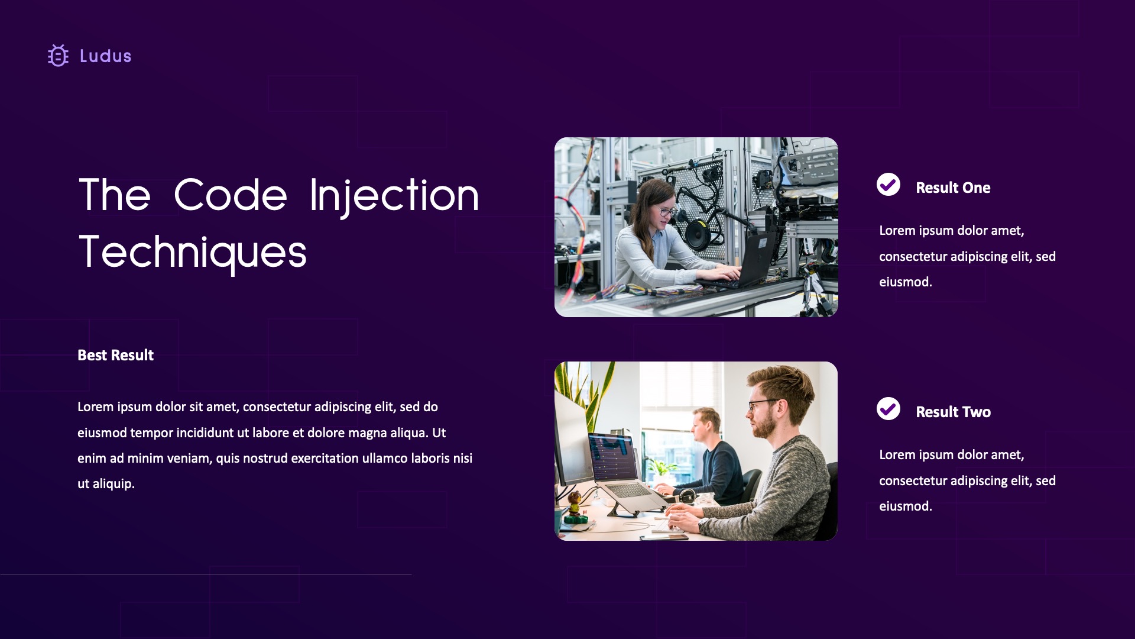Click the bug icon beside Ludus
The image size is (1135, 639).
click(58, 56)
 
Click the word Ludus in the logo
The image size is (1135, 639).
click(105, 56)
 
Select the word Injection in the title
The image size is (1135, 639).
click(394, 195)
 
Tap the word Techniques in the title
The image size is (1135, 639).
click(193, 252)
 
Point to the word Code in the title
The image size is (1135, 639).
click(231, 195)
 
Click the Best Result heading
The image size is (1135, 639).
click(115, 355)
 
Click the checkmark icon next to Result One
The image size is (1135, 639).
click(888, 185)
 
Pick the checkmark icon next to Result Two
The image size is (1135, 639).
click(888, 409)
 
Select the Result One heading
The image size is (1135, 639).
click(953, 188)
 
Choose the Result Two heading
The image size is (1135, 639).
click(953, 412)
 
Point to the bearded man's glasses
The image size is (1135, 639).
click(763, 405)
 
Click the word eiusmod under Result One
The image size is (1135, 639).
click(905, 282)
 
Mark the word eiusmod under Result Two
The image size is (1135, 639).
click(905, 506)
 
